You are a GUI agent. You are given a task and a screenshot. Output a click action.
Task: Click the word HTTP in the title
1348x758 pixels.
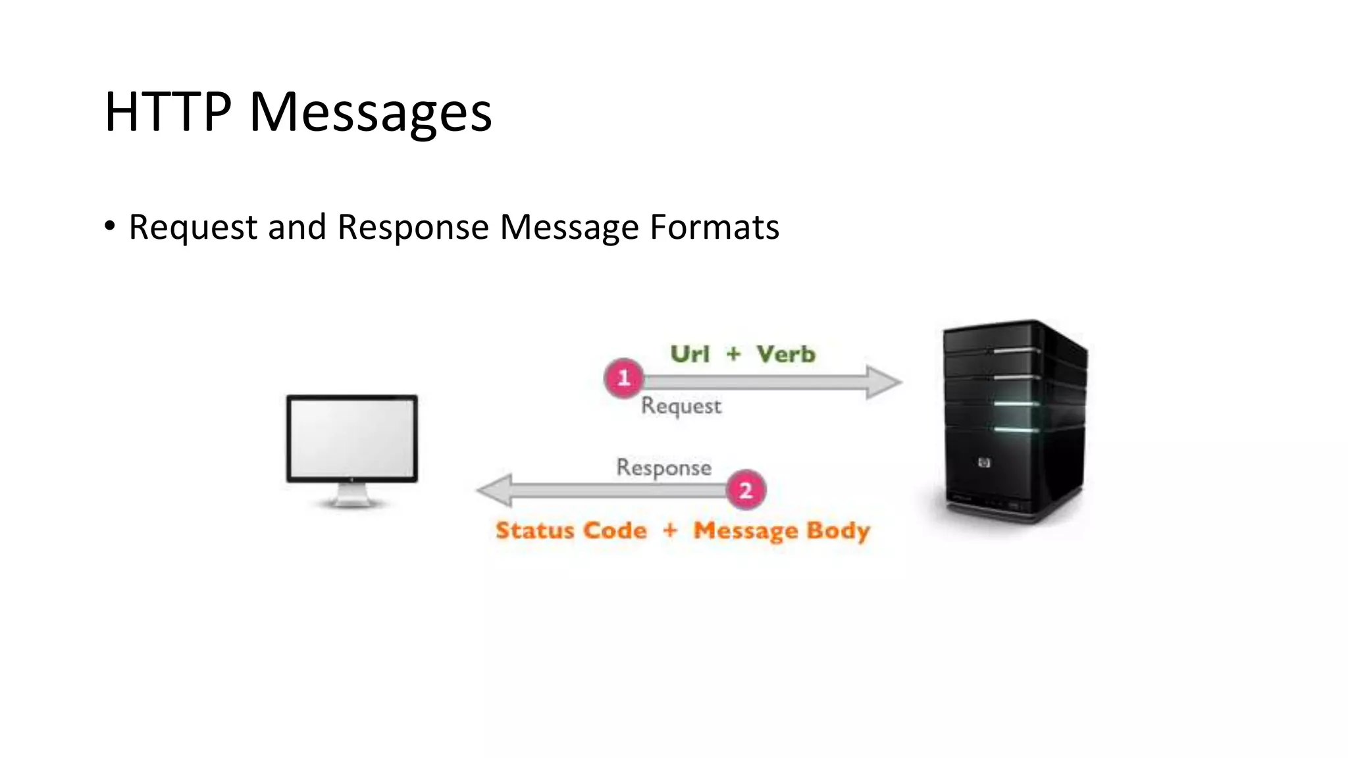pyautogui.click(x=168, y=112)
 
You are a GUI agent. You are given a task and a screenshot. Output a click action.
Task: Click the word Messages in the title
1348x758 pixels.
pyautogui.click(x=371, y=113)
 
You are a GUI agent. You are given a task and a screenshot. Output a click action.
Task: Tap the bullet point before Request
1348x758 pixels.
pyautogui.click(x=110, y=226)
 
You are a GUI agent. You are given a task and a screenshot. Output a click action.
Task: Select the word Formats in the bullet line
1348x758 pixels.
pyautogui.click(x=714, y=227)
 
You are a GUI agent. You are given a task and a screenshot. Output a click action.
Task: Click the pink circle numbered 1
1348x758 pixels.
pyautogui.click(x=623, y=378)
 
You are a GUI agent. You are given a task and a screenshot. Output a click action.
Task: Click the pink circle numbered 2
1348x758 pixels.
pyautogui.click(x=746, y=490)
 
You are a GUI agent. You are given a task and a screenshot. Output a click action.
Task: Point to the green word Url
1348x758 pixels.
pyautogui.click(x=690, y=354)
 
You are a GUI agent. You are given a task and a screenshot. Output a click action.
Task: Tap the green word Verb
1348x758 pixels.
pyautogui.click(x=786, y=354)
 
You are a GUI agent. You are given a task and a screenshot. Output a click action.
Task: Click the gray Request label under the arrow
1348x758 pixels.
pyautogui.click(x=681, y=406)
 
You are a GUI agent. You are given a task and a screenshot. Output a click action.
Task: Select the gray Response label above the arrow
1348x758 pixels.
pyautogui.click(x=663, y=467)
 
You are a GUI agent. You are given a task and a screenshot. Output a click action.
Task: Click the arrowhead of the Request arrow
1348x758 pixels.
pyautogui.click(x=883, y=382)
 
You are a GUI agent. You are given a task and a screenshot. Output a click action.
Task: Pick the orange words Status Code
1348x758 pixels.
pyautogui.click(x=571, y=530)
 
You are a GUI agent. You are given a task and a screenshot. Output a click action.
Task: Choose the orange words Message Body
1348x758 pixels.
pyautogui.click(x=782, y=531)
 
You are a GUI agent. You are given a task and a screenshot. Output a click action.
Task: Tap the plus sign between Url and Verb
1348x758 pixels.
pyautogui.click(x=733, y=354)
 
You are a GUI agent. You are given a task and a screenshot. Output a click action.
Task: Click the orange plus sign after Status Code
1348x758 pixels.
pyautogui.click(x=670, y=530)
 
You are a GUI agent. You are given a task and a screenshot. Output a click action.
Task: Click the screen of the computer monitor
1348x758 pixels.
pyautogui.click(x=351, y=438)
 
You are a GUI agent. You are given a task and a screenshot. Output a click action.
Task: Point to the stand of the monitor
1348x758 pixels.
pyautogui.click(x=351, y=495)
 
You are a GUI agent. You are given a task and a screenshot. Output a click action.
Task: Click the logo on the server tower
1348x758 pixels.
pyautogui.click(x=984, y=463)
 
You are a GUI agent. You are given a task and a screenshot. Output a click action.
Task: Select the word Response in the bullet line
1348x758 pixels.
pyautogui.click(x=413, y=227)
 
